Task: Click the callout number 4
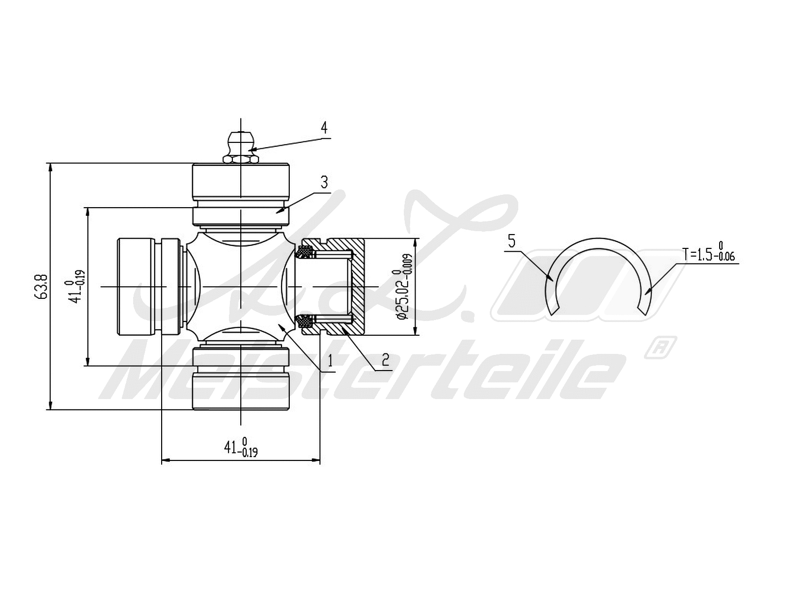point(324,128)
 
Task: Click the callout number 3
point(324,183)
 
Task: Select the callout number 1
point(331,361)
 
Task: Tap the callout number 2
point(386,360)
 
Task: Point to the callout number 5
point(512,241)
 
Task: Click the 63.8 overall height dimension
point(41,287)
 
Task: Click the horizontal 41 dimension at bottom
point(241,448)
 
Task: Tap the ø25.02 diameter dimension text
point(404,287)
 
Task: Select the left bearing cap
point(135,287)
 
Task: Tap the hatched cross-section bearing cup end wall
point(358,287)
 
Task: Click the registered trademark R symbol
point(659,347)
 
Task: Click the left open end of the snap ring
point(554,311)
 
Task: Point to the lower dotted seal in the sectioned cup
point(306,321)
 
